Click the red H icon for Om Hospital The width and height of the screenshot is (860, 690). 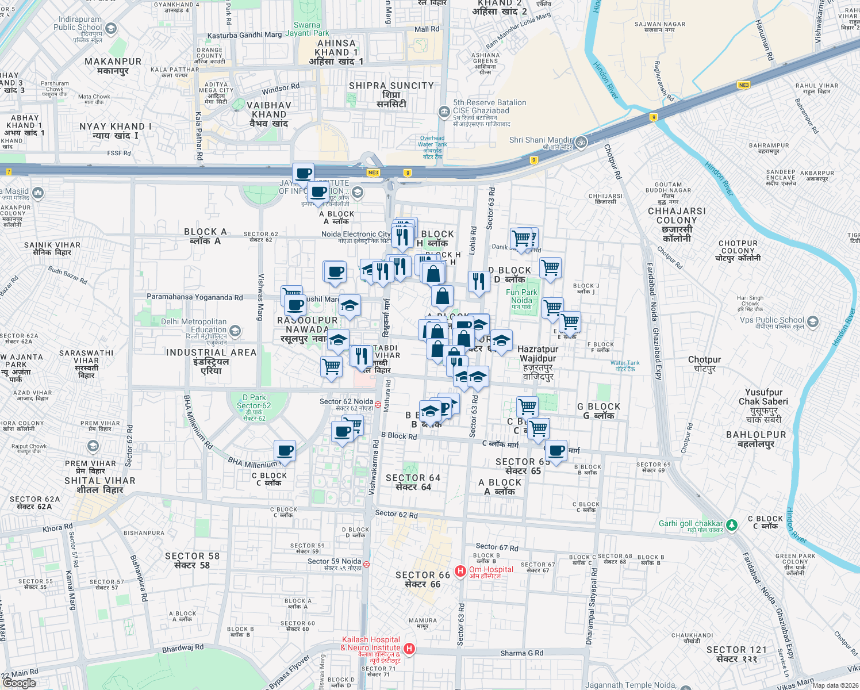tap(460, 571)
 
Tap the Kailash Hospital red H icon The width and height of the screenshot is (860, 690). tap(409, 649)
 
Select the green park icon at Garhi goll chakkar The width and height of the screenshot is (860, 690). tap(731, 524)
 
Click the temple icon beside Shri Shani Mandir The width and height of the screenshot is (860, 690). tap(581, 141)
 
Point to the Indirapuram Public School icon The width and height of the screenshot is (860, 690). tap(111, 28)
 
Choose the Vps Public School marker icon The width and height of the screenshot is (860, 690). tap(812, 321)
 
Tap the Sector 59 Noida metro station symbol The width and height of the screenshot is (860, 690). tap(366, 564)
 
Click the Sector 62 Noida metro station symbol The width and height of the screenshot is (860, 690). tap(378, 404)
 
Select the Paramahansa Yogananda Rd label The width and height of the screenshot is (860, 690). tap(194, 297)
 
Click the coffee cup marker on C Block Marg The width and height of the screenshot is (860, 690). tap(556, 451)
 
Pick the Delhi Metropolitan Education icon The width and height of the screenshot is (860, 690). tap(235, 331)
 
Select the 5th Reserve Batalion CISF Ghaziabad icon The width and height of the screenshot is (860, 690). tap(444, 112)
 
